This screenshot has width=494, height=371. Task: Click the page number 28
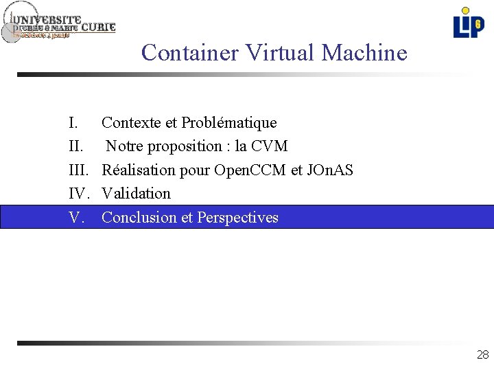coord(482,355)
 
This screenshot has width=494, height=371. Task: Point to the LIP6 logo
coord(468,23)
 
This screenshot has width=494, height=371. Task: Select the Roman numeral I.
coord(73,123)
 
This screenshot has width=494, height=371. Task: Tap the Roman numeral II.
coord(75,146)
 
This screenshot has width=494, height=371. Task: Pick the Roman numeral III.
coord(78,170)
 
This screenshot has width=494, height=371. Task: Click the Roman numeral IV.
coord(78,194)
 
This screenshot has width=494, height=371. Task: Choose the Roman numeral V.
coord(76,218)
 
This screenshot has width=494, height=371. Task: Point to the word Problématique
coord(229,123)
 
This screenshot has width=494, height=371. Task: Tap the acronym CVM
coord(270,146)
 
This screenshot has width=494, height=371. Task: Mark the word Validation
coord(136,194)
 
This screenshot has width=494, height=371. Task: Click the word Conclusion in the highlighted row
coord(139,218)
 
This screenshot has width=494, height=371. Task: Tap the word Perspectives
coord(237,218)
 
